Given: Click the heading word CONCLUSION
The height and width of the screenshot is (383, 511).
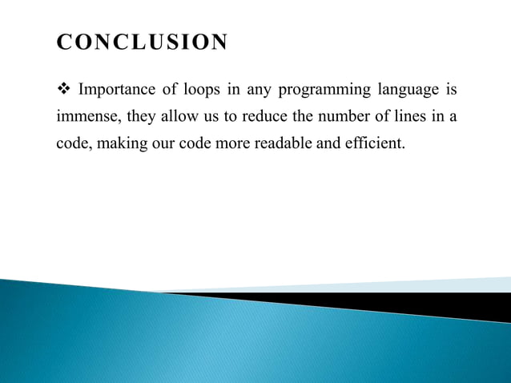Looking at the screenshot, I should (x=142, y=42).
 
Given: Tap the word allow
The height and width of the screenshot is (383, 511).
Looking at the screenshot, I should (x=179, y=118).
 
